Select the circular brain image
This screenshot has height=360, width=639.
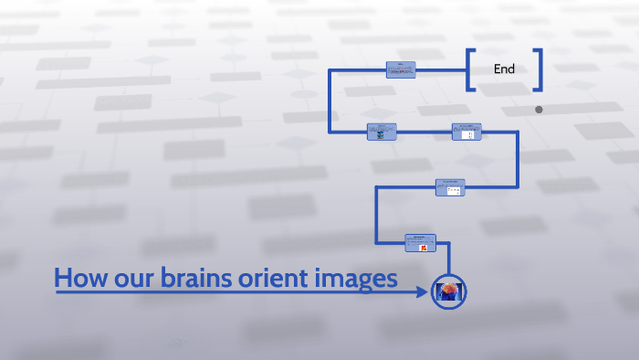pyautogui.click(x=449, y=291)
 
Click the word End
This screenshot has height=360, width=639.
pyautogui.click(x=504, y=69)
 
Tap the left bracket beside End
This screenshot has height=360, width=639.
pyautogui.click(x=470, y=69)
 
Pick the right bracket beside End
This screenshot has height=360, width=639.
pyautogui.click(x=538, y=69)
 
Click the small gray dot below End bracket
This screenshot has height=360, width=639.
pyautogui.click(x=539, y=110)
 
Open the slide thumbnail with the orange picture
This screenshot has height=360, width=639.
pyautogui.click(x=421, y=242)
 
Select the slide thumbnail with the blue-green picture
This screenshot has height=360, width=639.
pyautogui.click(x=381, y=132)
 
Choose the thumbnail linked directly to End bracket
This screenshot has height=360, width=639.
pyautogui.click(x=401, y=69)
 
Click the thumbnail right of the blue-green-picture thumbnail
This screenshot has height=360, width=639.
pyautogui.click(x=466, y=132)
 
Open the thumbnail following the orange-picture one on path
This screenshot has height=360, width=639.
pyautogui.click(x=450, y=187)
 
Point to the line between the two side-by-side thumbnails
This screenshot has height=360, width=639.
pyautogui.click(x=424, y=132)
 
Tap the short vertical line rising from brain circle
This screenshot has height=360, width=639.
pyautogui.click(x=449, y=262)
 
